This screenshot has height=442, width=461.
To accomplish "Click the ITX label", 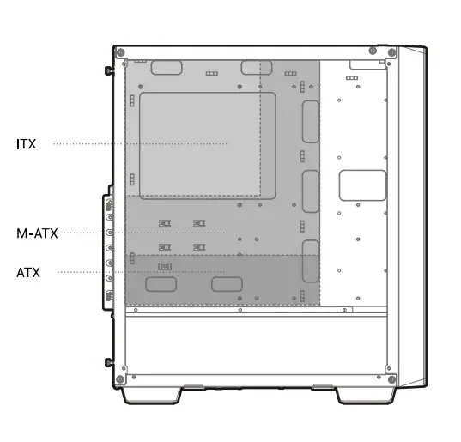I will [27, 144].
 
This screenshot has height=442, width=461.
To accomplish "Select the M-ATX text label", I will [37, 233].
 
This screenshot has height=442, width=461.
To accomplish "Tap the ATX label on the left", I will [28, 272].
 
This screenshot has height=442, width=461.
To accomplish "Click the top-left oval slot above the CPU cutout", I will [170, 68].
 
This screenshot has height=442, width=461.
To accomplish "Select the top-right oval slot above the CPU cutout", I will [257, 68].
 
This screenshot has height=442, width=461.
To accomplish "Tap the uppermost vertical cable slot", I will [310, 121].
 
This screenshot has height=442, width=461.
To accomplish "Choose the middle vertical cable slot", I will [310, 191].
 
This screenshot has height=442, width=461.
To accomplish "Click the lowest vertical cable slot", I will [310, 263].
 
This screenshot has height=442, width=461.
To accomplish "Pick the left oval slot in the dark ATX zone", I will [161, 284].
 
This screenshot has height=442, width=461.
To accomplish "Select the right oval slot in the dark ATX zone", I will [223, 284].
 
